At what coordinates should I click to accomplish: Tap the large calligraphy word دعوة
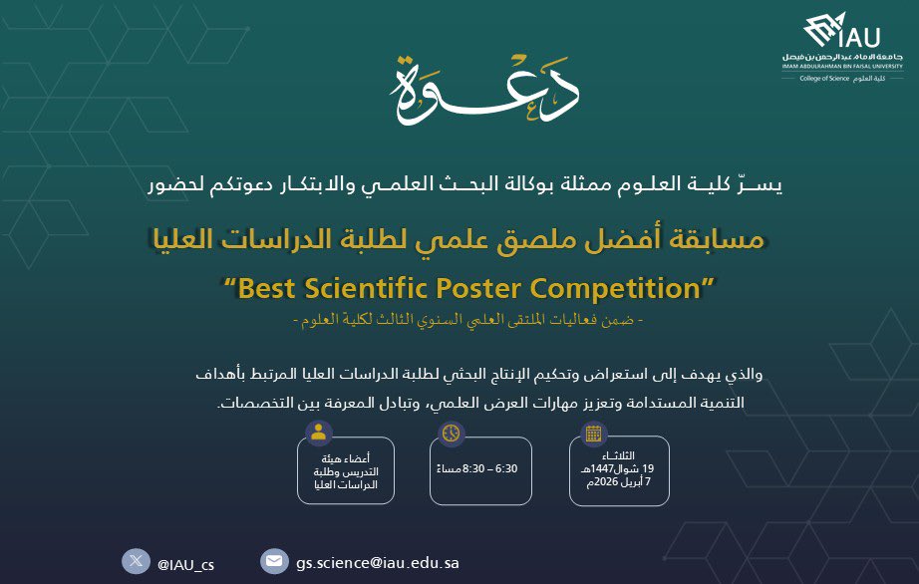487,89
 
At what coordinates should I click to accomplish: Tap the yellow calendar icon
593,433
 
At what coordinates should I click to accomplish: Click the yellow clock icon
452,433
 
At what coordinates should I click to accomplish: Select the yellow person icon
319,433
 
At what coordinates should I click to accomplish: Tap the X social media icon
136,561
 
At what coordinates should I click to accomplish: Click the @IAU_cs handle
185,564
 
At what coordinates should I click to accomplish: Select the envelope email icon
272,561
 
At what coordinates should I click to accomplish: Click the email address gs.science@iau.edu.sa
377,563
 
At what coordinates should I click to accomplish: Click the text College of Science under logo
820,78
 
